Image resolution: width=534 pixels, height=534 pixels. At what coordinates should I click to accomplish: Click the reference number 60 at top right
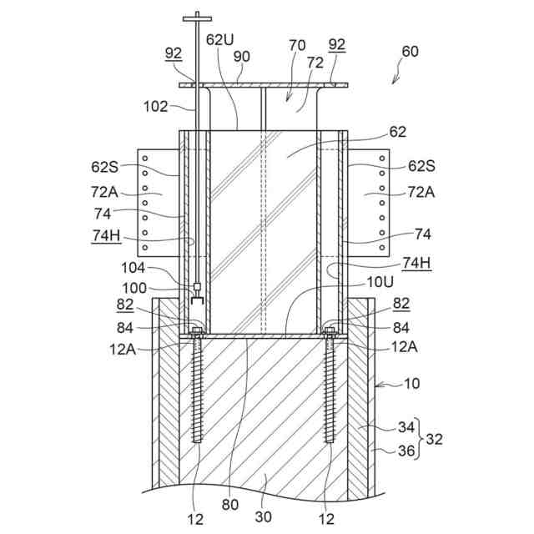coord(410,51)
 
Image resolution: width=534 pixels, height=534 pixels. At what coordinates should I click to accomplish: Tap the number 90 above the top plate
coord(242,56)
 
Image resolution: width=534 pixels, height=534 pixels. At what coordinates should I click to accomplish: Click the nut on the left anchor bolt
coord(199,331)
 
